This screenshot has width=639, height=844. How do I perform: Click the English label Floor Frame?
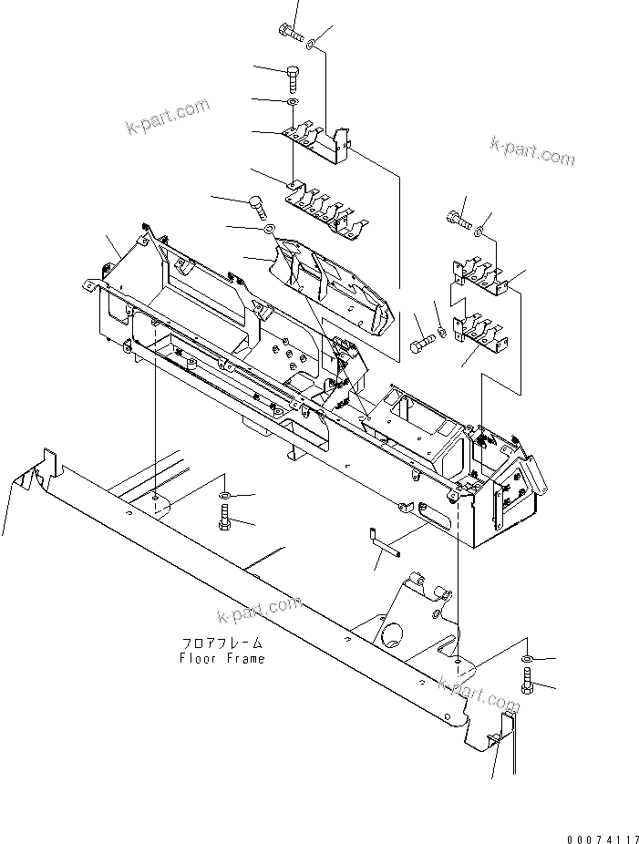click(x=222, y=658)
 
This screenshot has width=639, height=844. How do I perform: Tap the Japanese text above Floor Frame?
click(x=222, y=643)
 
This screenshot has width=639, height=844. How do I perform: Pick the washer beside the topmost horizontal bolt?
click(x=312, y=42)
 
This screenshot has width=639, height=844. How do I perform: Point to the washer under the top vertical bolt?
click(x=292, y=104)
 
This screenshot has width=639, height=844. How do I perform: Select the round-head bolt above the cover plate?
click(x=258, y=203)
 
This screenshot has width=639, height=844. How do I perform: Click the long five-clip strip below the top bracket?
click(x=326, y=212)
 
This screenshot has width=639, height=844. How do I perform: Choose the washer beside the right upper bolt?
click(x=481, y=227)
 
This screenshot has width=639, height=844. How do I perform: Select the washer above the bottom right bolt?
click(x=530, y=657)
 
